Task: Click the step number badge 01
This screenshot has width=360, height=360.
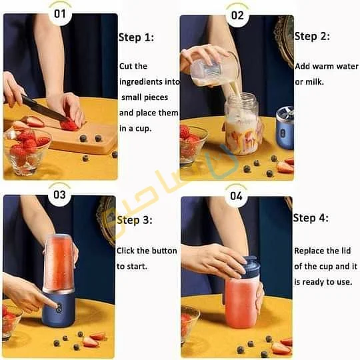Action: (60, 13)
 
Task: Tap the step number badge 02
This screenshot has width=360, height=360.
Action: (237, 14)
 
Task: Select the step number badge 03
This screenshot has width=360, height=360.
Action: (60, 195)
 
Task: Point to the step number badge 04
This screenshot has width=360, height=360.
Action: (237, 196)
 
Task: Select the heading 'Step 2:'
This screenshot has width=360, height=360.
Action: (312, 37)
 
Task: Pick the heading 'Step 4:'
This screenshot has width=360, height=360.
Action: (311, 219)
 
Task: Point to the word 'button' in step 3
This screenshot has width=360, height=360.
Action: (165, 251)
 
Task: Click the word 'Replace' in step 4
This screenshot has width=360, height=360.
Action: (310, 251)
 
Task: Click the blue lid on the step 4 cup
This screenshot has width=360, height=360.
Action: (248, 267)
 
